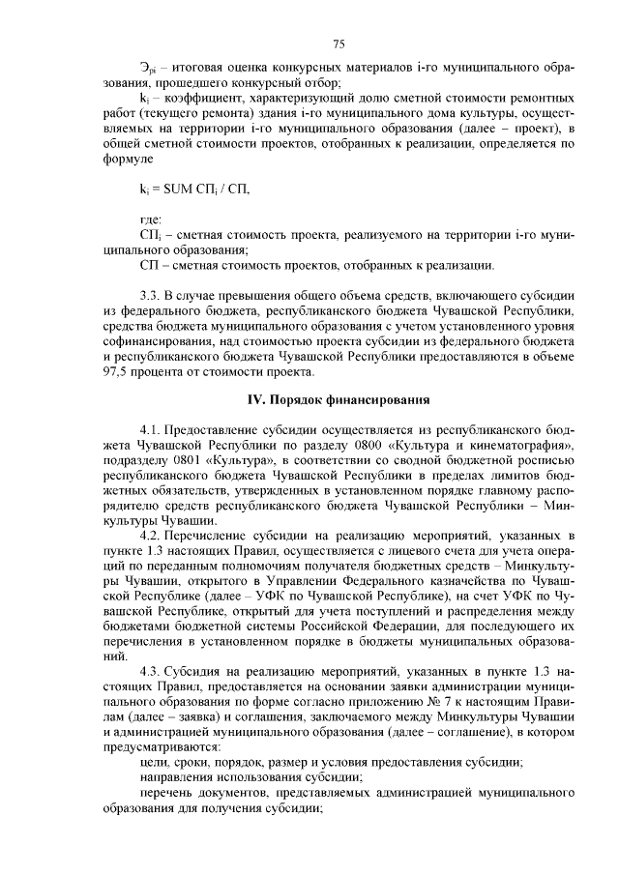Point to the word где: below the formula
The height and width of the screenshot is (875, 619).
pyautogui.click(x=152, y=219)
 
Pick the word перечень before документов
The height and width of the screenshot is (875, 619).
pyautogui.click(x=169, y=793)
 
